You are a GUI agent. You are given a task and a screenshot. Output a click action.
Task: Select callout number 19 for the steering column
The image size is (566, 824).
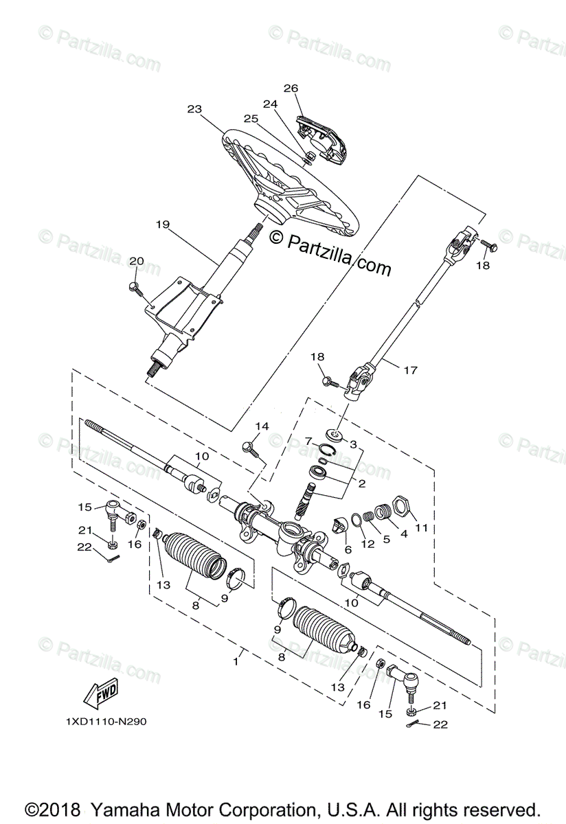162,225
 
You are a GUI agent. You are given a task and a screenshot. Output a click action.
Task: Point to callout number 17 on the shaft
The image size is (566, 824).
410,370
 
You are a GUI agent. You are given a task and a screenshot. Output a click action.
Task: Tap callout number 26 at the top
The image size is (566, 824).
291,88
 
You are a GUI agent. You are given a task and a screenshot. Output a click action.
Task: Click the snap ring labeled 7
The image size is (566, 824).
326,450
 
